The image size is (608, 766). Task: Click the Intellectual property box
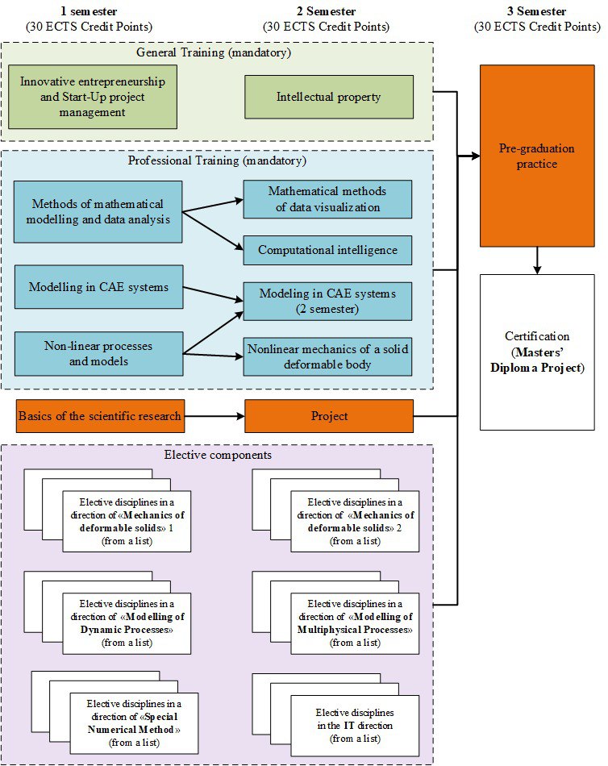[329, 97]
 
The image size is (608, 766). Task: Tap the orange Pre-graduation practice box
[537, 156]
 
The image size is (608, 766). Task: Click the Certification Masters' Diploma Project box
[537, 352]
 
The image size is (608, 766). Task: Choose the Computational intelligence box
[327, 250]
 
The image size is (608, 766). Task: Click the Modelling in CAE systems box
[98, 286]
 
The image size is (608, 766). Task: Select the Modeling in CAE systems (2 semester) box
[327, 302]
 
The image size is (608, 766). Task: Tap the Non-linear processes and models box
[98, 353]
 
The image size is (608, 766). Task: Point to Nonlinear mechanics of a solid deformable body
[327, 356]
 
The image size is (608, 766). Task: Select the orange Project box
[329, 416]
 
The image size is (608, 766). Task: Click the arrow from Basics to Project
[214, 416]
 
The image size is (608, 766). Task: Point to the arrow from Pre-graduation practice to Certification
[537, 260]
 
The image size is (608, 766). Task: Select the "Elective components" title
[217, 455]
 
